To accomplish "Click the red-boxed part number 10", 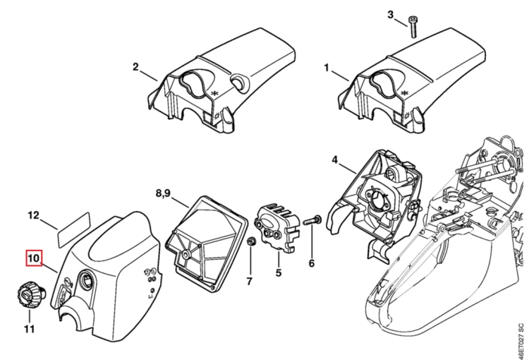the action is click(35, 258).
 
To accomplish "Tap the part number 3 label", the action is click(390, 15).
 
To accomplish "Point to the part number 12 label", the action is click(33, 215).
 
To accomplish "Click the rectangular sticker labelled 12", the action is click(73, 229).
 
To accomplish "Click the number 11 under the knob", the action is click(30, 329).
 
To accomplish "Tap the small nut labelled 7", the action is click(250, 242).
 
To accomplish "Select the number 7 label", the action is click(249, 281).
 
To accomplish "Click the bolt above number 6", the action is click(312, 220).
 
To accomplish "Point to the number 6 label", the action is click(311, 263).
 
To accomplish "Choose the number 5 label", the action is click(279, 272).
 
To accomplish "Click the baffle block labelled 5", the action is click(276, 228).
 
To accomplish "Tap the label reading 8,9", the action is click(163, 193).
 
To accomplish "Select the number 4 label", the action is click(334, 160).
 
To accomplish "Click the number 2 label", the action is click(135, 67).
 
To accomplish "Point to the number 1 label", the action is click(327, 68).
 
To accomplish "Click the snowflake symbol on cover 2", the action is click(214, 94).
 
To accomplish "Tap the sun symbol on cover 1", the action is click(407, 115).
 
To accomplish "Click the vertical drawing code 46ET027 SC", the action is click(521, 340).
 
